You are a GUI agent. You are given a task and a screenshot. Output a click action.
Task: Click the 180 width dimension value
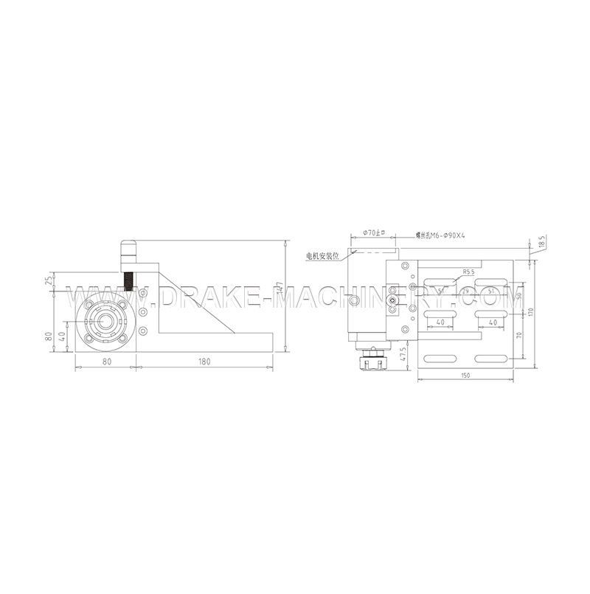point(204,362)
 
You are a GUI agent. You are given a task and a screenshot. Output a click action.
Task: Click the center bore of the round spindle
point(103,322)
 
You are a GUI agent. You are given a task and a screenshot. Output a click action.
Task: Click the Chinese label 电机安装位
point(324,256)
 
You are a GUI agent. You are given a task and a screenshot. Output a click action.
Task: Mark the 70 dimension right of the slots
point(521,335)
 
